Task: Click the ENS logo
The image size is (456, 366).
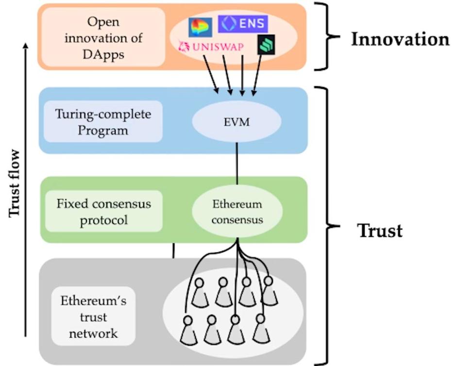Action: [243, 23]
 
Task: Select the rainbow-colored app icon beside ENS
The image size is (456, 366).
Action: [200, 27]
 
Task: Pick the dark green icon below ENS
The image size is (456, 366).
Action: [266, 44]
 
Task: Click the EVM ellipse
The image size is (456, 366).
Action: [237, 121]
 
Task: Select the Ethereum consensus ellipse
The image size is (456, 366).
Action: [237, 212]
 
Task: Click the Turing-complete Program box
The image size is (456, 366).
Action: [102, 122]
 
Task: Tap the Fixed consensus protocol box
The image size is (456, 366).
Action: [103, 211]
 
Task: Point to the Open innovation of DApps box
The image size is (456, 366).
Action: [103, 37]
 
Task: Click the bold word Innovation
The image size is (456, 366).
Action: [400, 39]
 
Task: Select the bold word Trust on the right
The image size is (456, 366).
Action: [380, 231]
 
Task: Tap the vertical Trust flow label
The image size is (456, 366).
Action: [15, 183]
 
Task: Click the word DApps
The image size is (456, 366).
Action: [103, 53]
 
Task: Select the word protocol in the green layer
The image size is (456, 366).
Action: [103, 220]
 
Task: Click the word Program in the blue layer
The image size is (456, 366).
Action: [103, 131]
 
